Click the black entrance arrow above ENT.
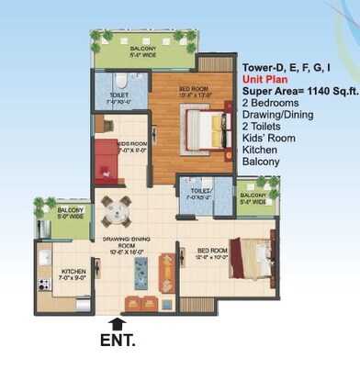tap(115, 323)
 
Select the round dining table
tap(115, 212)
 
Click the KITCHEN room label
tap(73, 272)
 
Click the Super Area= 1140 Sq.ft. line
tap(298, 91)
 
